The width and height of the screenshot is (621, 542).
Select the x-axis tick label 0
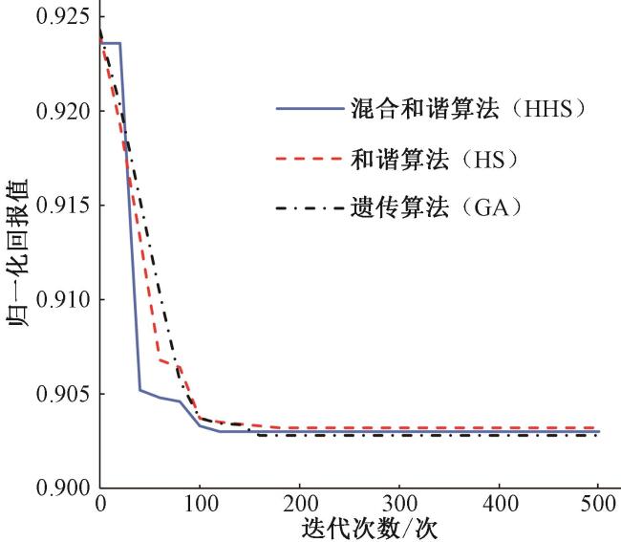pyautogui.click(x=100, y=503)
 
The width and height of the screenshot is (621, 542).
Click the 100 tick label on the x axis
pyautogui.click(x=200, y=503)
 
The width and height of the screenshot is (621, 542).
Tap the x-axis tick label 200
pyautogui.click(x=299, y=503)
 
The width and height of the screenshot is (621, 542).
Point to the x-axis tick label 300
pyautogui.click(x=398, y=503)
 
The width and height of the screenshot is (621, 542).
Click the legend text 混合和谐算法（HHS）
pyautogui.click(x=466, y=108)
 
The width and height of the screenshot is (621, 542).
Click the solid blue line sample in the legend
pyautogui.click(x=310, y=108)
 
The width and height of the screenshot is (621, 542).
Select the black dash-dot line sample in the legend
pyautogui.click(x=310, y=206)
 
